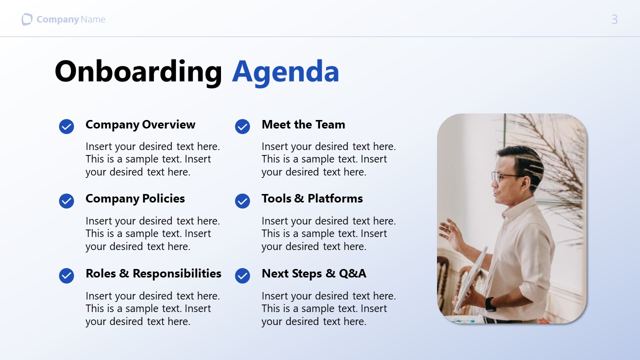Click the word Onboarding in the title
tap(138, 71)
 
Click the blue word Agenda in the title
tap(285, 71)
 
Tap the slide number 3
tap(614, 19)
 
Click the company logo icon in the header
tap(27, 19)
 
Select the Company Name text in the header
tap(70, 19)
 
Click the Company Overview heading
tap(140, 124)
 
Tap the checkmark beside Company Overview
tap(66, 126)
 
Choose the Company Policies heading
tap(135, 198)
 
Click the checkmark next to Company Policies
tap(66, 201)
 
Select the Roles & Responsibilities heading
tap(153, 273)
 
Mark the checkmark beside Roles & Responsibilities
tap(66, 275)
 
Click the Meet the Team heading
tap(303, 124)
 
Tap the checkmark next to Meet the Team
tap(242, 126)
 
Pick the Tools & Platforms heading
tap(312, 198)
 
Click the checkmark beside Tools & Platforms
tap(242, 201)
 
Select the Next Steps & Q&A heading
tap(313, 273)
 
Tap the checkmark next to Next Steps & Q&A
tap(242, 275)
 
